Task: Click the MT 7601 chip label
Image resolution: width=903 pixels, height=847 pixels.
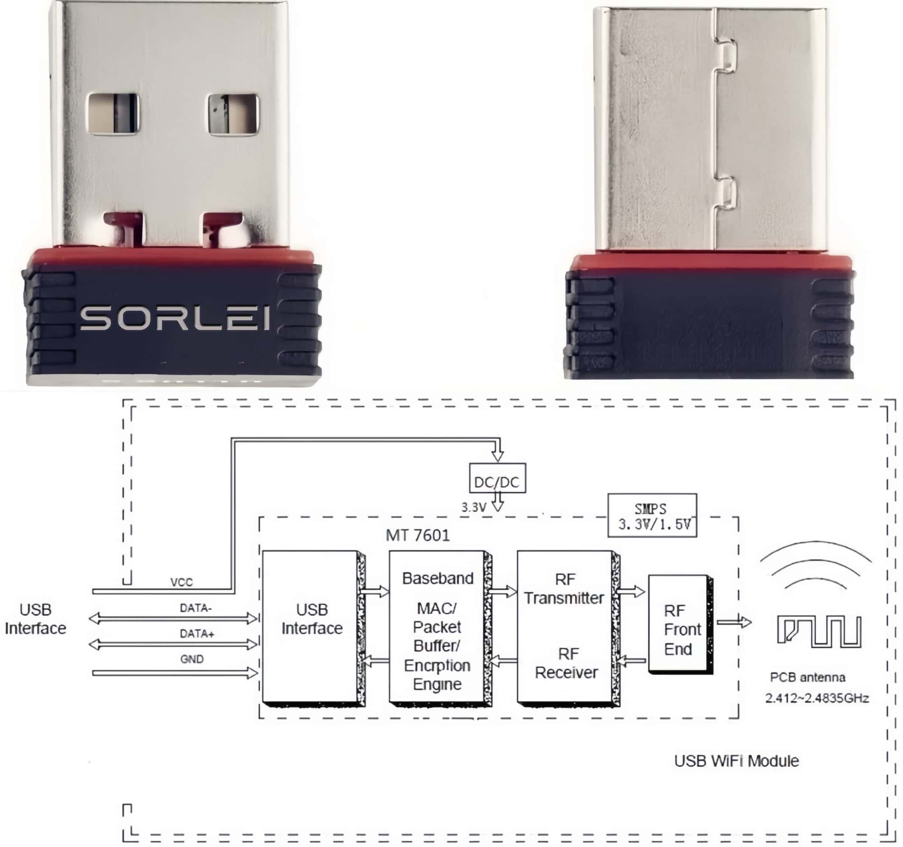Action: (x=418, y=535)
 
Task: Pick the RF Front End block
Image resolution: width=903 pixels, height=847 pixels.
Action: (x=680, y=629)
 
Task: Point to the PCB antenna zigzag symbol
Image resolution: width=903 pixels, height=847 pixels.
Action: (x=819, y=631)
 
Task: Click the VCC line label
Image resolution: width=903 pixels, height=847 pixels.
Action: (x=181, y=582)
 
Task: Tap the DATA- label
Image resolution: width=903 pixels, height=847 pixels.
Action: (x=196, y=608)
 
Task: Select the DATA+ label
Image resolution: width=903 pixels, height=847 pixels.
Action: (x=197, y=633)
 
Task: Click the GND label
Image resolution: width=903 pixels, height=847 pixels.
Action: (x=192, y=659)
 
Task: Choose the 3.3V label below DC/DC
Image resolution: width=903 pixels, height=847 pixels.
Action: (x=474, y=508)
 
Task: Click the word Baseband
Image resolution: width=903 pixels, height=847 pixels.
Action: (x=438, y=579)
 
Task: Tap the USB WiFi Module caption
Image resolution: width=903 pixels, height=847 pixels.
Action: (x=736, y=761)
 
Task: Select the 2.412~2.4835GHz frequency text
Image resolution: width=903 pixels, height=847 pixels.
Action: (x=817, y=698)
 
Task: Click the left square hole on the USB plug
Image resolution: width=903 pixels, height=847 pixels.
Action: (x=114, y=114)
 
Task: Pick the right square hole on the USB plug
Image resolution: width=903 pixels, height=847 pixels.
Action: (x=233, y=114)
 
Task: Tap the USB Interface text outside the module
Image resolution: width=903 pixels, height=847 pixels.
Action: (x=35, y=619)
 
